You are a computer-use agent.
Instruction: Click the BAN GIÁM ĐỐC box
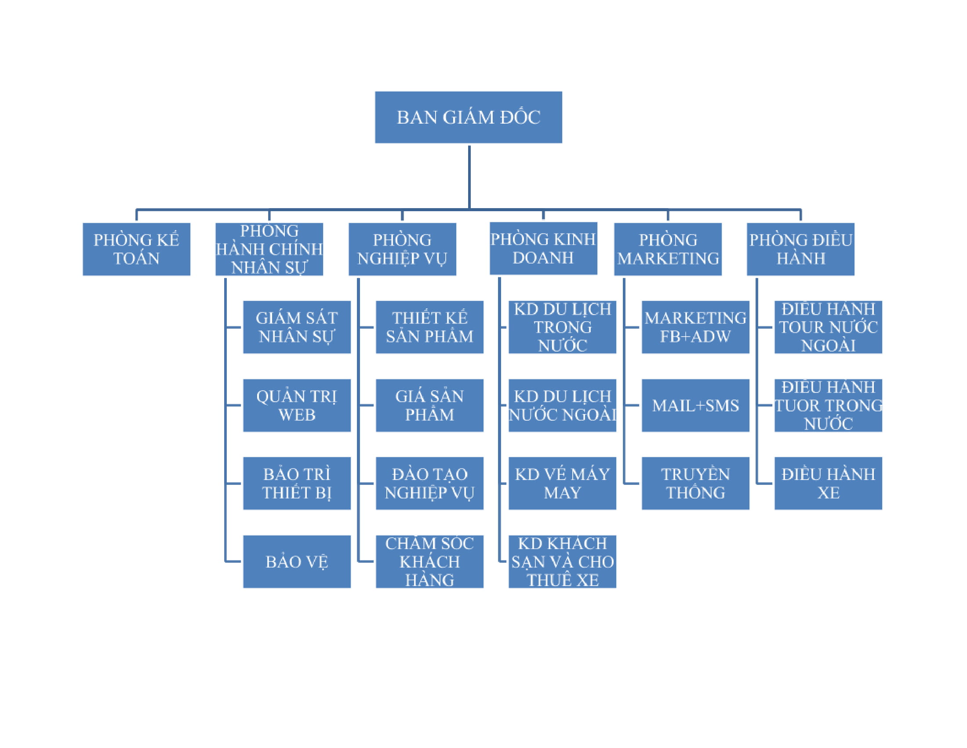click(469, 117)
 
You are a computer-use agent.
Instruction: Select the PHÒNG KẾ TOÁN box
click(136, 249)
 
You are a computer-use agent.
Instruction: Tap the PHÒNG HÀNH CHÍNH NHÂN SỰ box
click(269, 249)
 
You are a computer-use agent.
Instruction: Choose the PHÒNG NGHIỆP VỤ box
click(402, 249)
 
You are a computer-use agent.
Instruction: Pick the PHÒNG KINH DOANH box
click(543, 249)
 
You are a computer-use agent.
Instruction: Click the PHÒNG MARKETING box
click(668, 249)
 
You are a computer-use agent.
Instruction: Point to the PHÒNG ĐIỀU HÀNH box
click(800, 249)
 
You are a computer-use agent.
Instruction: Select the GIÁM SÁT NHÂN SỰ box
click(297, 327)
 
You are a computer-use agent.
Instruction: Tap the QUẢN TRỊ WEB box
click(297, 405)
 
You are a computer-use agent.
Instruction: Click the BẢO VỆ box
click(297, 561)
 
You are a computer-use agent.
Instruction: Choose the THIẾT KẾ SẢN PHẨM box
click(429, 327)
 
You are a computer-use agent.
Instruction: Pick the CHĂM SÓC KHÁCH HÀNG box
click(429, 561)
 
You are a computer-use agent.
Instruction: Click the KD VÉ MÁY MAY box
click(562, 483)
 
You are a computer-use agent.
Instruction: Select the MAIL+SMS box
click(696, 405)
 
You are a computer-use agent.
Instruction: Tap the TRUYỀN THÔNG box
click(696, 483)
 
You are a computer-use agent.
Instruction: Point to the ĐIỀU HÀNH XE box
click(828, 483)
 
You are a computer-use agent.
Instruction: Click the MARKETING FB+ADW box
click(696, 327)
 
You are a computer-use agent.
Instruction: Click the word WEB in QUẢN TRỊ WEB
click(297, 415)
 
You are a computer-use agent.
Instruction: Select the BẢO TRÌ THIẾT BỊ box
click(297, 483)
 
